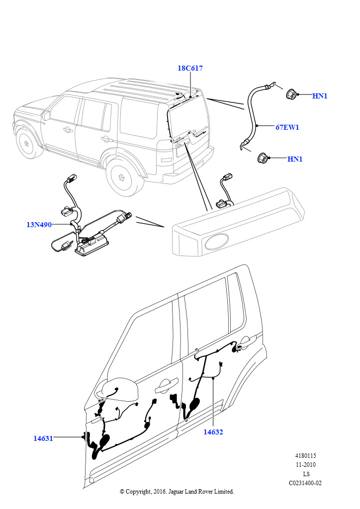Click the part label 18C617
coord(190,68)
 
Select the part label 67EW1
coord(287,127)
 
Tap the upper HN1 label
coord(320,96)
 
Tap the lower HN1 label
coord(295,159)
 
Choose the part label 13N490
coord(39,225)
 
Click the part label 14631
coord(43,438)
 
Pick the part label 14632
coord(213,432)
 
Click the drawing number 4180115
coord(306,456)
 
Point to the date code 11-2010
coord(306,465)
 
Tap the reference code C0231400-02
coord(305,483)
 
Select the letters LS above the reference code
coord(306,474)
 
